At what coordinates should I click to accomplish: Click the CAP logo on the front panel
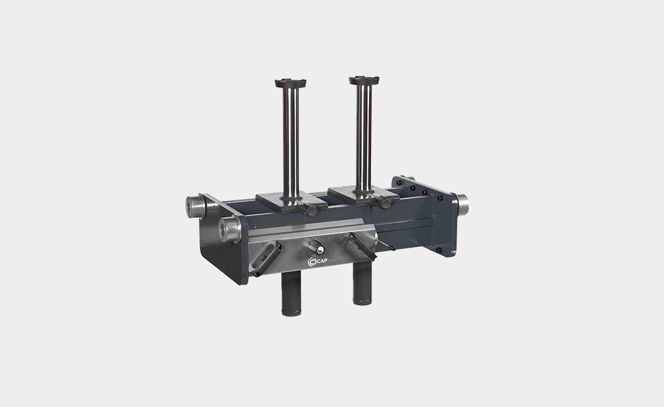click(318, 262)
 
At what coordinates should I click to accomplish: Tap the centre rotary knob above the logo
click(316, 246)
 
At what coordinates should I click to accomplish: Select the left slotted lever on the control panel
click(265, 259)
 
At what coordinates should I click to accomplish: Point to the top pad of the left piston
click(290, 83)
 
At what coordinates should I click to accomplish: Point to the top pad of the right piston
click(364, 80)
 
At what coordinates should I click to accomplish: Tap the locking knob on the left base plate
click(309, 209)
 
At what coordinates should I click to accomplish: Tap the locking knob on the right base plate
click(384, 202)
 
